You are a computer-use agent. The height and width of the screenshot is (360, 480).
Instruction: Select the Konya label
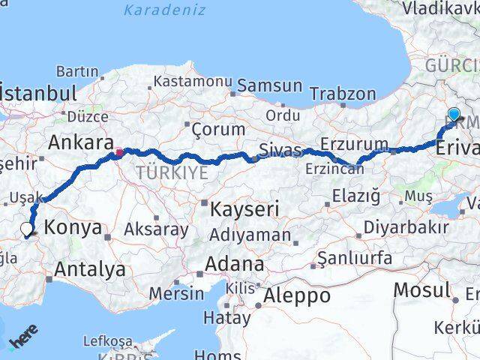point(73,228)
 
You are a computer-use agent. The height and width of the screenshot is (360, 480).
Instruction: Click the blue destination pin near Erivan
point(454,115)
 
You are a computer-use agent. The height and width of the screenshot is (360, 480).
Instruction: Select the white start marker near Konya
point(27,230)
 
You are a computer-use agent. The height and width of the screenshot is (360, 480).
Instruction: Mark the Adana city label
point(236,264)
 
